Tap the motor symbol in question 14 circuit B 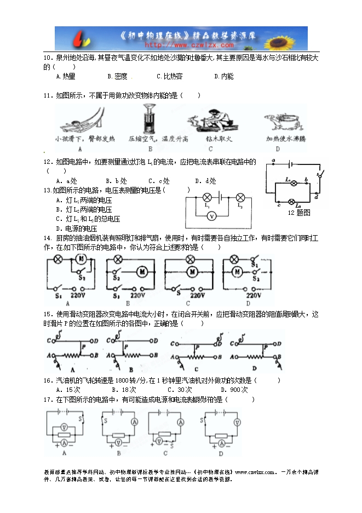coord(142,270)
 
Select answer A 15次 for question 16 coord(68,390)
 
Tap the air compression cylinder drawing coord(148,117)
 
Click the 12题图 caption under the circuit coord(299,212)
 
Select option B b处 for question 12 coord(116,181)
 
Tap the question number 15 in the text coord(47,315)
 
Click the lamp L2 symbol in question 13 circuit coord(239,198)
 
